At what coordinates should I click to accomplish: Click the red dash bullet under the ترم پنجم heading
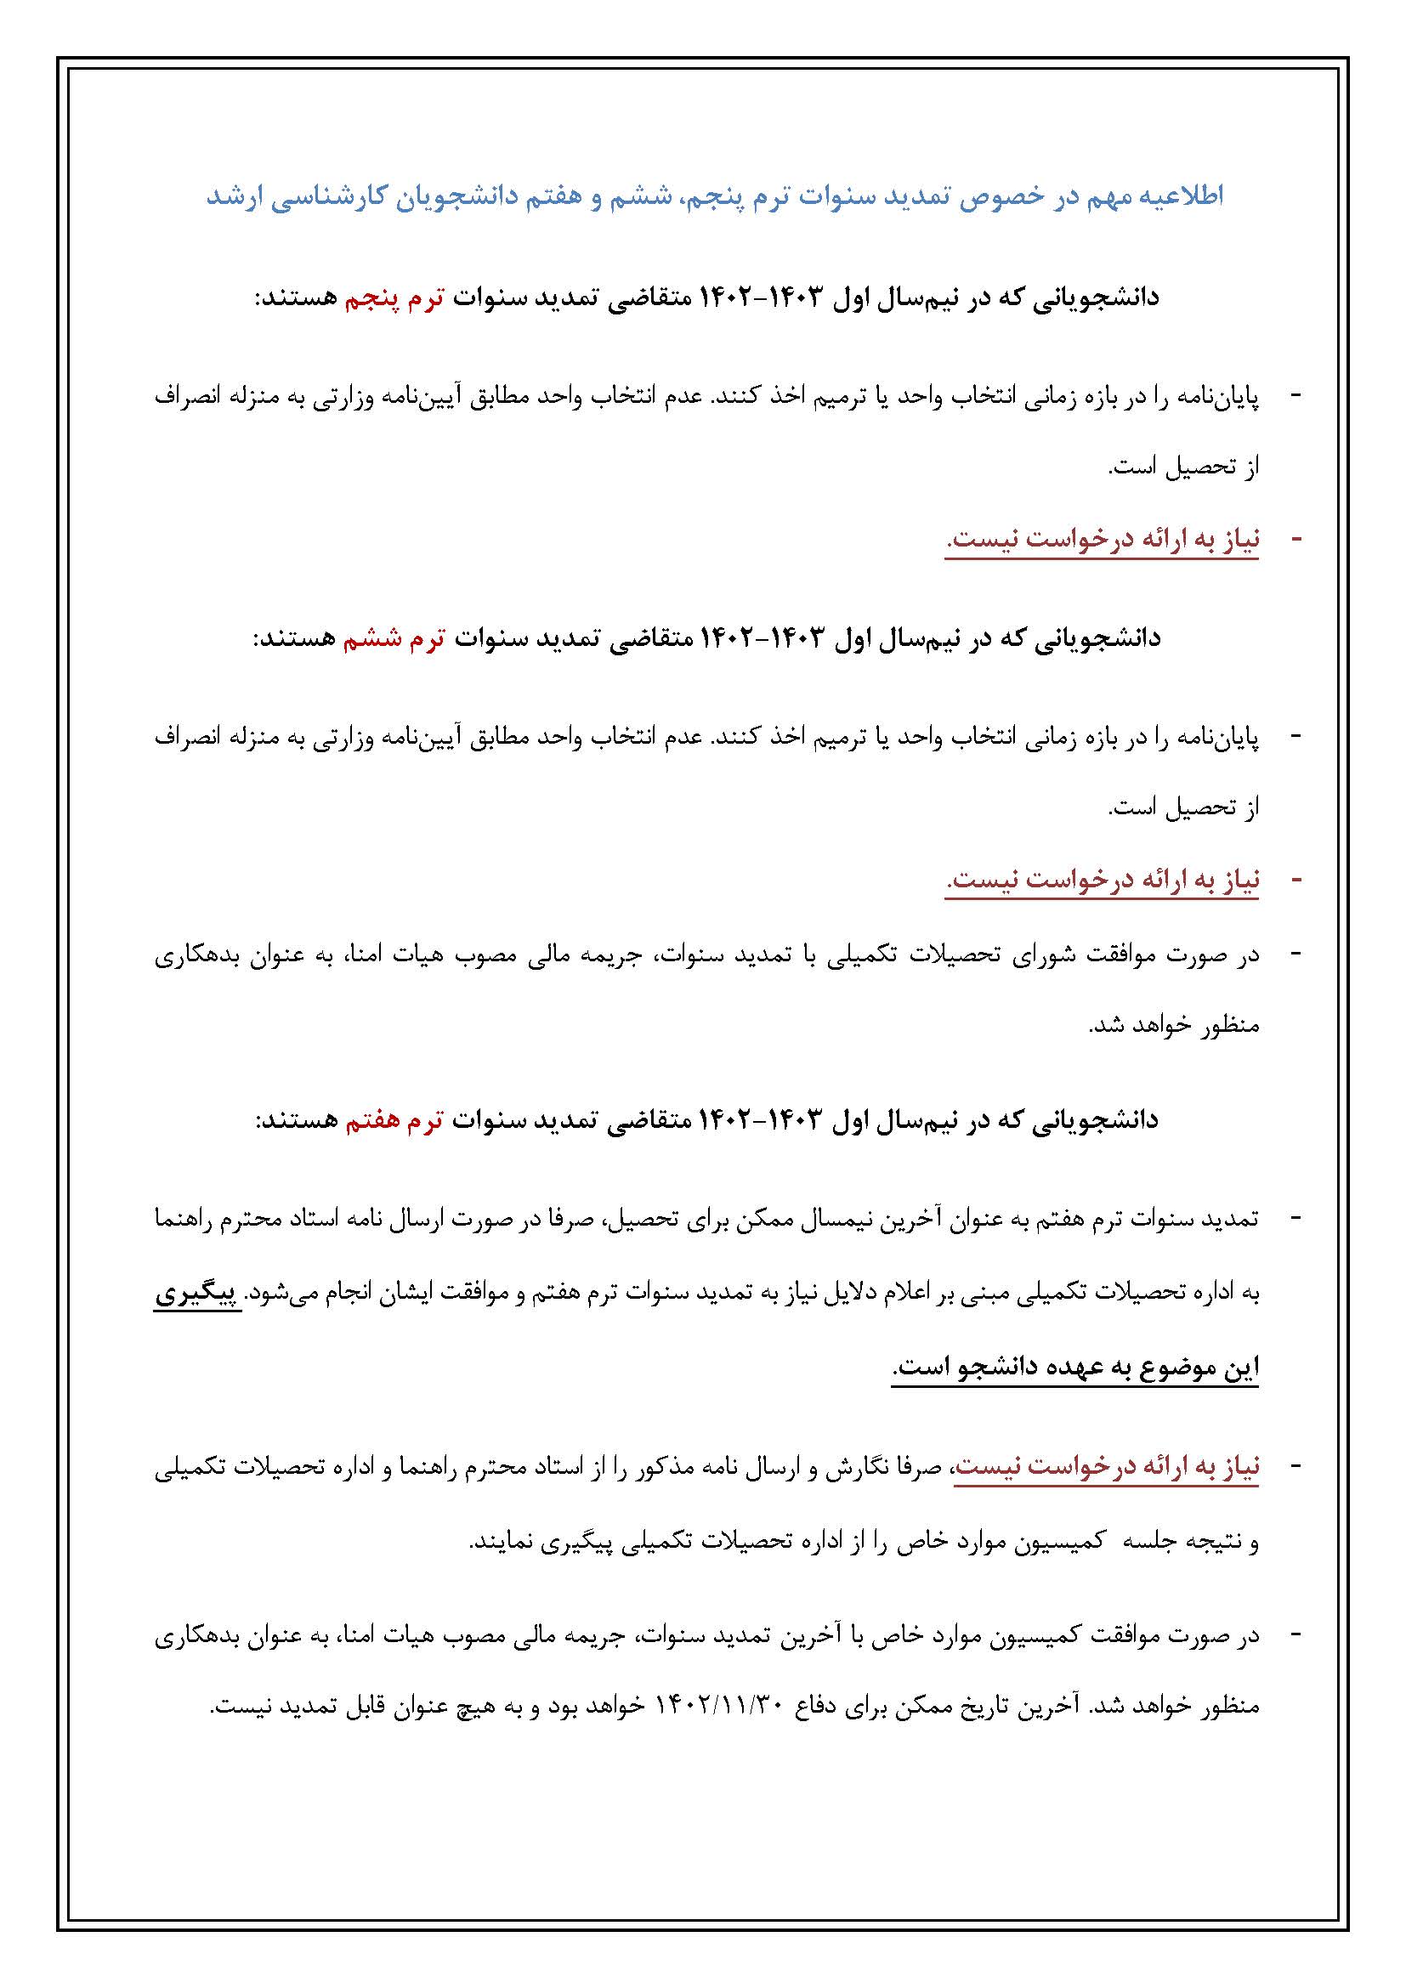tap(1296, 539)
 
